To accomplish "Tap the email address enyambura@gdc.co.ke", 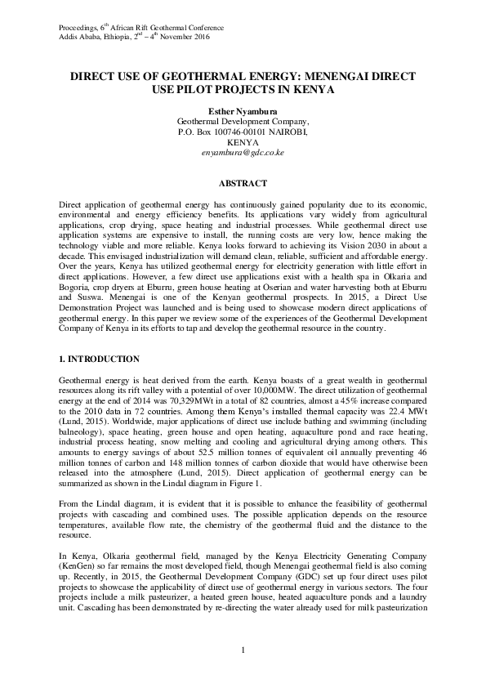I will (243, 152).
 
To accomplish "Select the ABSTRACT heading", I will (243, 183).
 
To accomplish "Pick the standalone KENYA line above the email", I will (243, 141).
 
